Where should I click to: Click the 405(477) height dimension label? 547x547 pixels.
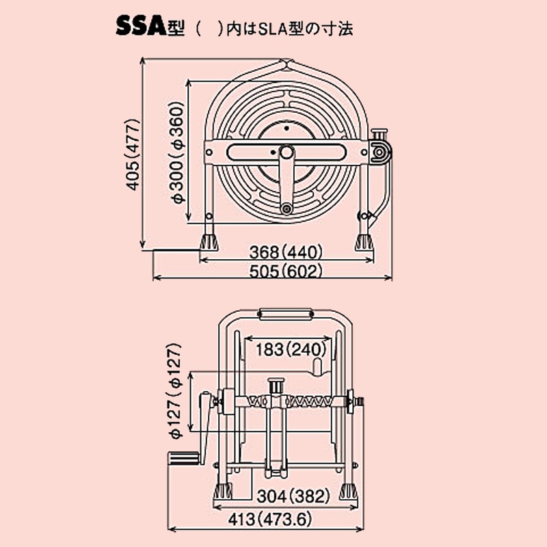click(133, 154)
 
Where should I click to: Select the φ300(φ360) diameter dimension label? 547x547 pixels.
click(177, 154)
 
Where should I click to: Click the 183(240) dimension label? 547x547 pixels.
click(288, 349)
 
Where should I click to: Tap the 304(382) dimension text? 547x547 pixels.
click(293, 495)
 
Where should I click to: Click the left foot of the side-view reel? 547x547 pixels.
click(209, 242)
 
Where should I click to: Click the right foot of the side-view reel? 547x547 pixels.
click(363, 242)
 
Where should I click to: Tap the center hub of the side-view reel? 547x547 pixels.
click(286, 151)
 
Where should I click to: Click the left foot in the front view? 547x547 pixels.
click(224, 491)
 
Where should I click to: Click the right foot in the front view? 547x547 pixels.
click(348, 491)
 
